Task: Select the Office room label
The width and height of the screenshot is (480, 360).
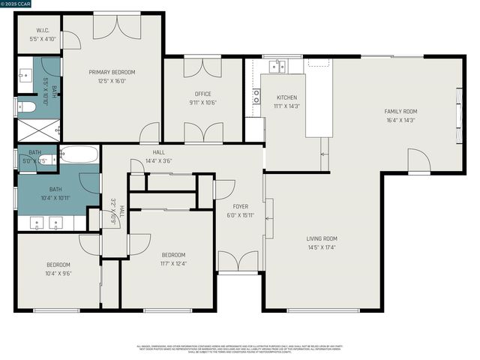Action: tap(202, 94)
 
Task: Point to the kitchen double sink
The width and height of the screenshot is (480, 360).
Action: tap(278, 67)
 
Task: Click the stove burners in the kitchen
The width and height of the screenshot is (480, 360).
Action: tap(256, 96)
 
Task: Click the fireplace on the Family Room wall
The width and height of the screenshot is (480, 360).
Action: tap(460, 109)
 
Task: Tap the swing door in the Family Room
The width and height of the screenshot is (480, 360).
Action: tap(418, 160)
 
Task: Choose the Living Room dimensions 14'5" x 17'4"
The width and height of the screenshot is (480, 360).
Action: tap(322, 247)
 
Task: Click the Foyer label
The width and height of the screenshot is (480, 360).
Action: tap(240, 206)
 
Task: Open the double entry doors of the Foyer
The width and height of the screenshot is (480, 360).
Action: tap(238, 262)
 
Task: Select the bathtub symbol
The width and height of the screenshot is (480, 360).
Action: tap(79, 155)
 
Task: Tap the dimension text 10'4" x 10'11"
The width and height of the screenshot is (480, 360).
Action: tap(55, 198)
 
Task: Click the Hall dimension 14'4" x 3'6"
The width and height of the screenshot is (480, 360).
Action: tap(158, 160)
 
